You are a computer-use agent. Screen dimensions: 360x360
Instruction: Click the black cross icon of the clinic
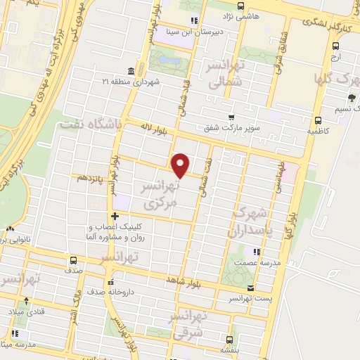pos(114,215)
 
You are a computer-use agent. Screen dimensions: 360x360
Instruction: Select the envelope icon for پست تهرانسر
pos(252,288)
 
